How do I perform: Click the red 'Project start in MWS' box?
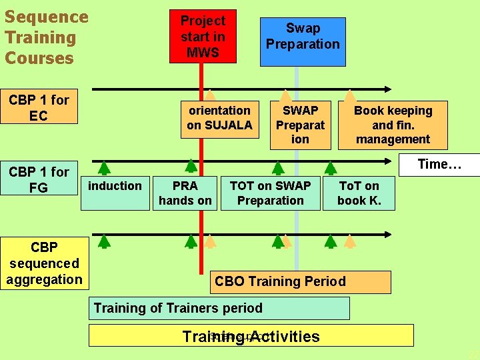[x=203, y=37]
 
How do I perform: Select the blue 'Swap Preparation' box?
[x=303, y=41]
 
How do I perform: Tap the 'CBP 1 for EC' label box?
[x=39, y=107]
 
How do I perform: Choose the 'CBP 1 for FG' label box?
[x=39, y=179]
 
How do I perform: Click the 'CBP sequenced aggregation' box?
[x=44, y=263]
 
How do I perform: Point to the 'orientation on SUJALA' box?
[x=219, y=119]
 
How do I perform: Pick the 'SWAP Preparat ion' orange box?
[x=300, y=125]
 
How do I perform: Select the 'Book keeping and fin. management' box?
[x=393, y=125]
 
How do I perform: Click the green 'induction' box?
[x=115, y=192]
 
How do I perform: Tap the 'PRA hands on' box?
[x=185, y=193]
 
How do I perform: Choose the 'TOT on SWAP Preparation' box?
[x=270, y=193]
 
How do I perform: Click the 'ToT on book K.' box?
[x=359, y=193]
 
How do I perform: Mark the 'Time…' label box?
[x=439, y=165]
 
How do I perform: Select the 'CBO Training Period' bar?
[x=300, y=281]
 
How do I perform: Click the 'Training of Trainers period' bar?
[x=219, y=308]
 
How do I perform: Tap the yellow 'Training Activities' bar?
[x=251, y=335]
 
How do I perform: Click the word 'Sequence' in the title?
[x=46, y=17]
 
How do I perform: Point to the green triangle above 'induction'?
[x=104, y=167]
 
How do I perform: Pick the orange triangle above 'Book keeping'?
[x=349, y=95]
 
